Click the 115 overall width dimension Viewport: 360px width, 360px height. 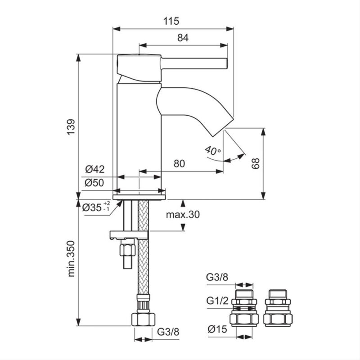click(171, 21)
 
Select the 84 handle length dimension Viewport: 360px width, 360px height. click(183, 38)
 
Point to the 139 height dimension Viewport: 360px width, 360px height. click(71, 127)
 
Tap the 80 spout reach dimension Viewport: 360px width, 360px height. click(179, 163)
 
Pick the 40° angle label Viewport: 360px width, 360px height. click(213, 150)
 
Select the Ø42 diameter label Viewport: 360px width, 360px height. click(95, 170)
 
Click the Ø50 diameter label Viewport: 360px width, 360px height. click(94, 183)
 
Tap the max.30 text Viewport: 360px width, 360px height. click(183, 215)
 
